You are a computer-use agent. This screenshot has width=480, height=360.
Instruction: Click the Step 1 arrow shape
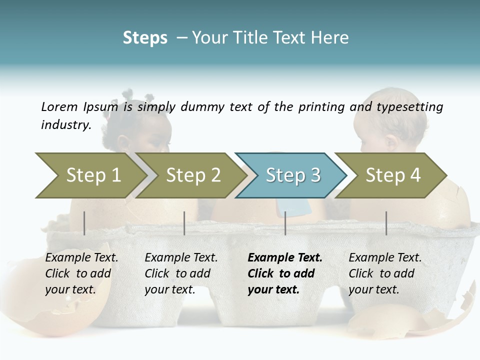[x=90, y=175]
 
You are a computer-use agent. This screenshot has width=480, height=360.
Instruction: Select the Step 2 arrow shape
[x=192, y=175]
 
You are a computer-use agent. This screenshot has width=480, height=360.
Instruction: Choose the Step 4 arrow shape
[x=392, y=175]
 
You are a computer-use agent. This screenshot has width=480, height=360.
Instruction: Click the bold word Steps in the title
[x=145, y=38]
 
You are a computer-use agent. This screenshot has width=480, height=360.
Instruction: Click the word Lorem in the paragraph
[x=59, y=106]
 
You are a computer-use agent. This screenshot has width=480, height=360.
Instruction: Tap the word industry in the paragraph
[x=65, y=125]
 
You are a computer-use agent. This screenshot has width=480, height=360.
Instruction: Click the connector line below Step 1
[x=84, y=223]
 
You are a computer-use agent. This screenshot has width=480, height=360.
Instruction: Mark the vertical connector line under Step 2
[x=184, y=223]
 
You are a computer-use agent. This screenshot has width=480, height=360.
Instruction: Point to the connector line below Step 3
[x=285, y=223]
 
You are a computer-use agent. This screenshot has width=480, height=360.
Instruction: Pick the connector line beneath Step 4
[x=386, y=223]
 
